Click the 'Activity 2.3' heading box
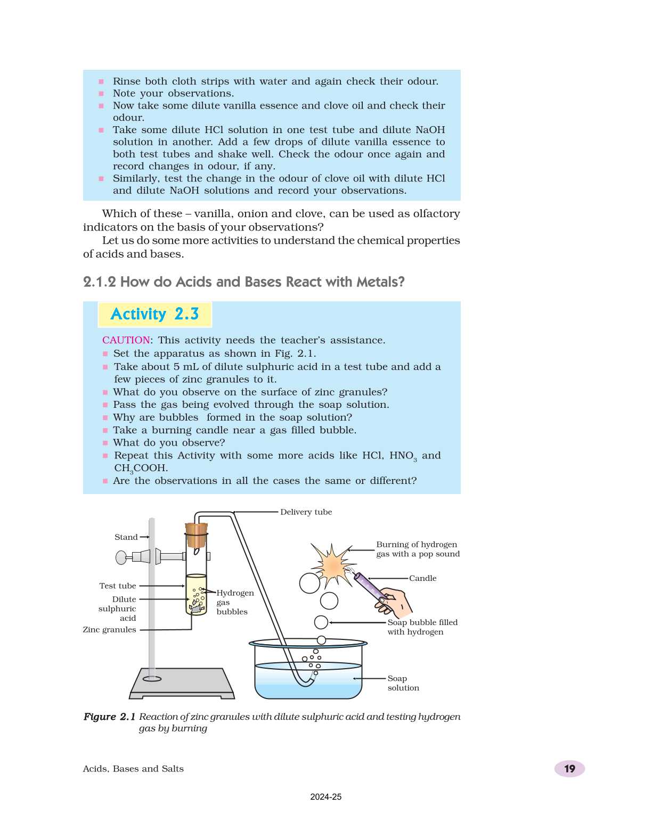point(154,314)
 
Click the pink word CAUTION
point(126,340)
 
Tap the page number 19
point(569,769)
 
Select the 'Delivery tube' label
point(306,512)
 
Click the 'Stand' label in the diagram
point(126,537)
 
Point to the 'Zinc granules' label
point(109,630)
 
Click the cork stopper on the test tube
point(196,535)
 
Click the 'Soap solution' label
point(403,683)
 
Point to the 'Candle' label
point(422,578)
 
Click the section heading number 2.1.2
point(99,282)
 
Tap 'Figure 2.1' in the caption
point(109,717)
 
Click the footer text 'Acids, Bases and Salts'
point(133,769)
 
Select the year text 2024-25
point(325,797)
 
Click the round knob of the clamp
point(121,557)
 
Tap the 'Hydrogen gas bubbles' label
point(234,602)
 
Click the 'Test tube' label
point(117,586)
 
